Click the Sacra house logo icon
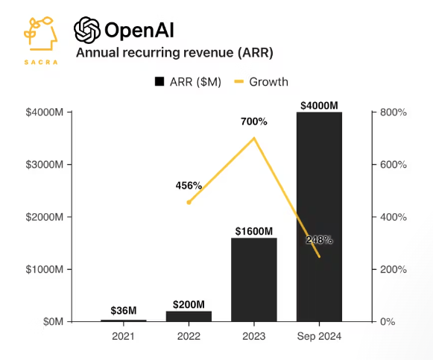(40, 34)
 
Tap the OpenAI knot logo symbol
(87, 30)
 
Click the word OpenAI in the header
(139, 30)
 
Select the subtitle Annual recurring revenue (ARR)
(174, 52)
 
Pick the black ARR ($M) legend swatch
(159, 82)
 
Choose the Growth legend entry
(261, 82)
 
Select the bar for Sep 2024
(319, 217)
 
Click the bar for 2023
(254, 280)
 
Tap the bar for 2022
(189, 316)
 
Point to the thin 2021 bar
(124, 320)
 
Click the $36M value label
(124, 311)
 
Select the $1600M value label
(254, 231)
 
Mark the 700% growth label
(254, 121)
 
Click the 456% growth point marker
(189, 203)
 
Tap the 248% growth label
(319, 240)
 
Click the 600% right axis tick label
(394, 165)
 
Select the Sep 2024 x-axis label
(319, 336)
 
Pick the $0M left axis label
(53, 322)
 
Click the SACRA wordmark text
(41, 62)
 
